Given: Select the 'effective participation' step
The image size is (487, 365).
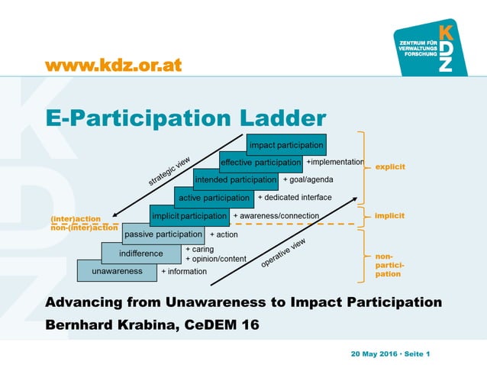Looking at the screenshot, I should tap(260, 163).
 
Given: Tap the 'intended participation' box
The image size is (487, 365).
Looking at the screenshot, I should tap(234, 180).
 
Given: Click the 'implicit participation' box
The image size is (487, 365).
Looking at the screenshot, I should tap(189, 216).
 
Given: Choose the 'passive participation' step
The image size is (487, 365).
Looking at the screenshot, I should tap(163, 234).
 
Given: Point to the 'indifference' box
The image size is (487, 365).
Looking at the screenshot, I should tap(141, 253).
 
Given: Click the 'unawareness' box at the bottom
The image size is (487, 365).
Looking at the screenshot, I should tap(117, 271).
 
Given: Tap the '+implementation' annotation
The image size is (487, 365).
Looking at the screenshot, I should tap(334, 163).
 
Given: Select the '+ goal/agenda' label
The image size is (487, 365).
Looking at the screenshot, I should tap(308, 180).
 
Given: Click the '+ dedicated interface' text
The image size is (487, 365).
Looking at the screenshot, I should tap(295, 198).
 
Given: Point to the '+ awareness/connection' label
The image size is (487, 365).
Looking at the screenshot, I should tap(276, 216).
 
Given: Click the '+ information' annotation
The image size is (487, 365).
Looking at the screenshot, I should tap(183, 272).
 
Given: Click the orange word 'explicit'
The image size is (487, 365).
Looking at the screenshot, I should tap(389, 166).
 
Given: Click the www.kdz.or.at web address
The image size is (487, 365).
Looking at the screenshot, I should tap(114, 66).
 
